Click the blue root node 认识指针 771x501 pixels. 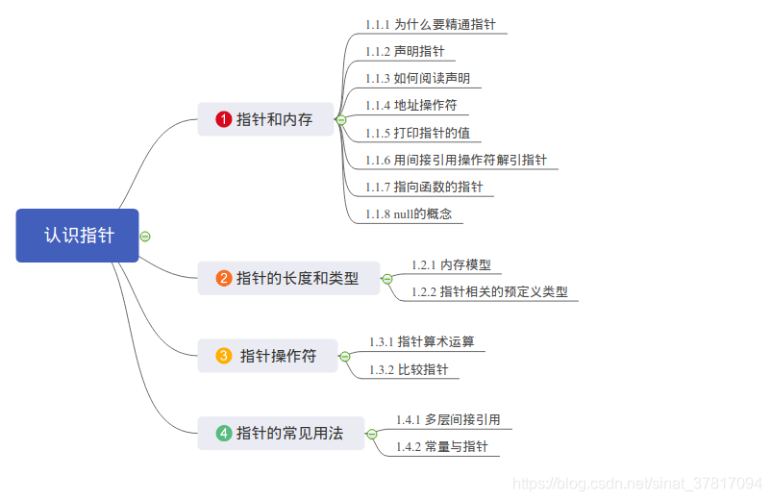click(x=78, y=236)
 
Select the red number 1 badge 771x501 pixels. click(x=224, y=119)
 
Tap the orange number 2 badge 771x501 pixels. click(x=224, y=279)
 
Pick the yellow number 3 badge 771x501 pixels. click(x=224, y=356)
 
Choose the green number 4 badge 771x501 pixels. click(x=224, y=434)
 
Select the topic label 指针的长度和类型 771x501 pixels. click(x=297, y=279)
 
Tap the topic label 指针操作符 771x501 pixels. click(x=278, y=356)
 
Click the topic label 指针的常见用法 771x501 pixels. click(x=289, y=434)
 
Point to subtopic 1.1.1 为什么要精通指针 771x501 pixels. click(x=430, y=24)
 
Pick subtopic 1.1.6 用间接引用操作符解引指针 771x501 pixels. click(x=456, y=160)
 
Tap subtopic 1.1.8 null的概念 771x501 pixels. click(x=408, y=213)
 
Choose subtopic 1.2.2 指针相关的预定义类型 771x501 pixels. click(x=489, y=291)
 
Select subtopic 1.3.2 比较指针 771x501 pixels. click(x=409, y=369)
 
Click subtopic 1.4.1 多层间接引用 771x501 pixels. click(x=447, y=420)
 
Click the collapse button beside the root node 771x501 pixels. click(x=145, y=236)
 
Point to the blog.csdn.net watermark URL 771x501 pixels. click(x=637, y=484)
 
